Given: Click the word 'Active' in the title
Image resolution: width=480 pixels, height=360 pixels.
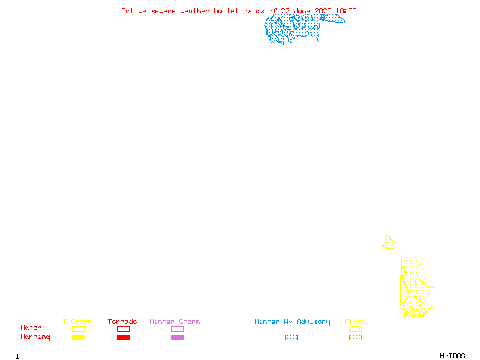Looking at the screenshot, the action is pos(134,11).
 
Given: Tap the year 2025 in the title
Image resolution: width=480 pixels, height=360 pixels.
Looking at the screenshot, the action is pos(323,11).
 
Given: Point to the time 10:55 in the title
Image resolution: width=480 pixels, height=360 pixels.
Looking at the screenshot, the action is pos(346,11).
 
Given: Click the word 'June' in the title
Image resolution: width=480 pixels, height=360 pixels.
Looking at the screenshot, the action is pos(302,11).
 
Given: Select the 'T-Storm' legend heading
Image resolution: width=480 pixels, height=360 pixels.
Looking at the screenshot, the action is pos(77,322).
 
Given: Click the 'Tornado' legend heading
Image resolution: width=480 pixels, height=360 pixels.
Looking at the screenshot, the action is pos(122,322).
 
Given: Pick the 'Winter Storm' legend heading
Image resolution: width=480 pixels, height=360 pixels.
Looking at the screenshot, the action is pos(175,322).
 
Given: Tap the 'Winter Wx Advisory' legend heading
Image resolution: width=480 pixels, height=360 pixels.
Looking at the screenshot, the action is pos(292,322).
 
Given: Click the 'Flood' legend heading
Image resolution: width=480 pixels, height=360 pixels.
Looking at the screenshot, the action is pos(355,322).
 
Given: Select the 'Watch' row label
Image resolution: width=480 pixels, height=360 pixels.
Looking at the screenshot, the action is pos(31,328).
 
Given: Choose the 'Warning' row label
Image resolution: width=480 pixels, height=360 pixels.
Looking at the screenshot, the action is pos(35,337).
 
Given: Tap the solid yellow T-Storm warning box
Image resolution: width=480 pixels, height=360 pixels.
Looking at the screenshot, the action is pos(79,337).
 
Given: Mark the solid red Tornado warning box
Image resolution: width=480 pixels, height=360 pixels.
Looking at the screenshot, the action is pos(124,337).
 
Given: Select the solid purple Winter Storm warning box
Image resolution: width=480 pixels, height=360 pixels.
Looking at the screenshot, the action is pos(177,337).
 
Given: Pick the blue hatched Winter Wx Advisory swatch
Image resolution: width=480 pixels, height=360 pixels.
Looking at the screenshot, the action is pos(291,337).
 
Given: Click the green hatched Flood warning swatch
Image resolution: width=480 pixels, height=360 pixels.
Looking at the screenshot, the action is pos(355,337).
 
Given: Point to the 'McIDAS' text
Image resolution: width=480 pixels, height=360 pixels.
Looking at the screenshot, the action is pos(452,356).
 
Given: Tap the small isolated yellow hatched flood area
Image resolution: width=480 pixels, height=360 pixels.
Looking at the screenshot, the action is pos(389,242).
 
